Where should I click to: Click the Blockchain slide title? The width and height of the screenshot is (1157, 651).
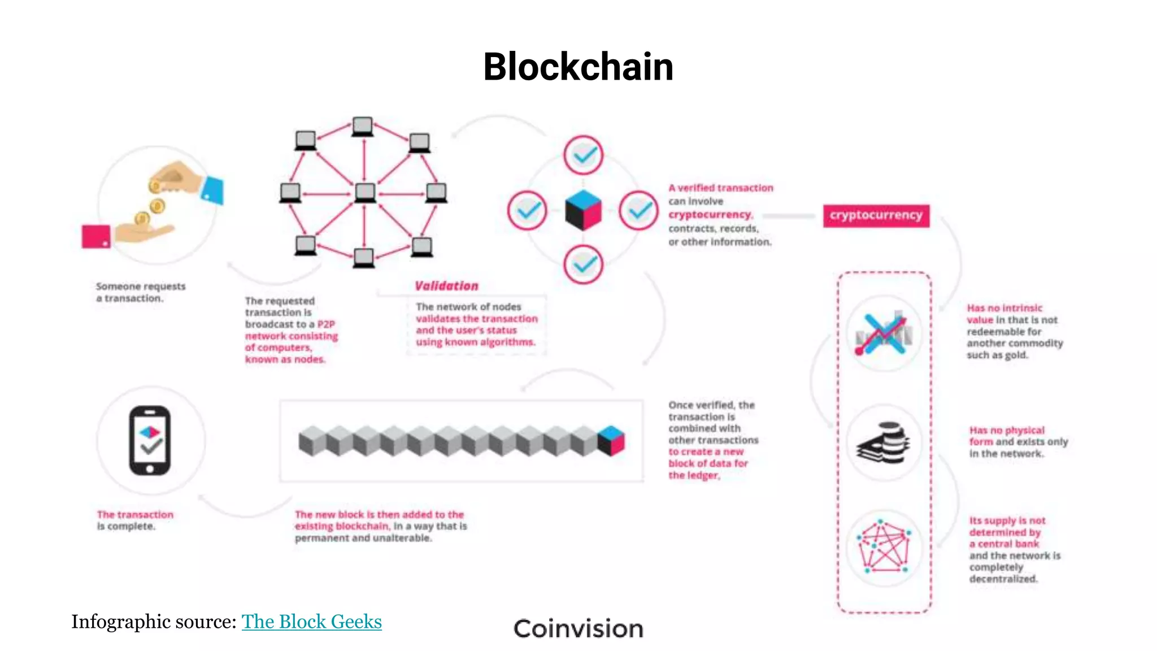pos(578,67)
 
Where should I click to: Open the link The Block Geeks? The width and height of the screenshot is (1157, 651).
pos(311,622)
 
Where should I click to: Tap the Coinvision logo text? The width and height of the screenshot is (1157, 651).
pos(578,629)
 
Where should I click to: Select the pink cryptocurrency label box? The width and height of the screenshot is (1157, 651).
pos(876,215)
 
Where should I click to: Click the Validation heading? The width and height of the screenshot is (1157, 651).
pos(446,286)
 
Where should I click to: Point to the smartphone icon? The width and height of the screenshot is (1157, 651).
pos(150,441)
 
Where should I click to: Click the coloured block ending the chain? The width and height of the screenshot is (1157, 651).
pos(611,441)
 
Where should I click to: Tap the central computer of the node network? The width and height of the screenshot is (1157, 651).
pos(365,193)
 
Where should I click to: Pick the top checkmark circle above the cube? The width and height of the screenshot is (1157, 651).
pos(584,154)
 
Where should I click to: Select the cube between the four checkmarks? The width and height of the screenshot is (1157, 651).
pos(584,210)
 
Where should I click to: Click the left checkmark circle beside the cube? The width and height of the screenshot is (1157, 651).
pos(527,211)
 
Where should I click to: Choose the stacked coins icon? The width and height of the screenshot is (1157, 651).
pos(885,442)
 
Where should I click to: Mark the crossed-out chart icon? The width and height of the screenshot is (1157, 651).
pos(884,333)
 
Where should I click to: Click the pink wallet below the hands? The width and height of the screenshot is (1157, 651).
pos(96,236)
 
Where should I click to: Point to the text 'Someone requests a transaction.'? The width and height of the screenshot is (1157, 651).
pos(141,292)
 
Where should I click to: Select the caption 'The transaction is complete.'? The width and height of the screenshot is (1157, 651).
pos(135,520)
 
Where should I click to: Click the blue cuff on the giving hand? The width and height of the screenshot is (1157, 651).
pos(214,190)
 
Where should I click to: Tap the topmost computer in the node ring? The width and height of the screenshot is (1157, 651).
pos(362,127)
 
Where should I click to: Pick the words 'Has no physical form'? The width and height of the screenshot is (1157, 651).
pos(1007,435)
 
